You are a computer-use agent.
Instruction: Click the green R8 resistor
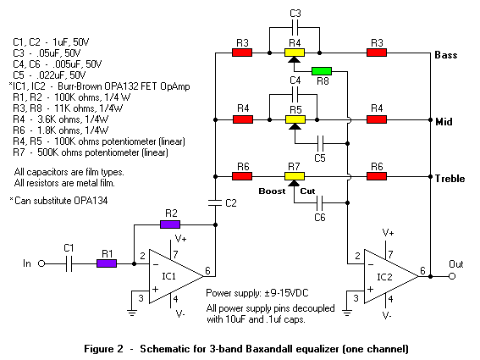click(322, 71)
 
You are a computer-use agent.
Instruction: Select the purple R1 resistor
click(107, 263)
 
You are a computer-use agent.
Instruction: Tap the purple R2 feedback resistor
click(170, 224)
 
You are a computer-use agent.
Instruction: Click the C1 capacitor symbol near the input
click(69, 263)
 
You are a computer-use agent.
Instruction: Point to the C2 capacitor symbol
click(215, 202)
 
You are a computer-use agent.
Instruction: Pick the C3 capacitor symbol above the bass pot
click(295, 28)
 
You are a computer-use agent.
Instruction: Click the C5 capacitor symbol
click(320, 143)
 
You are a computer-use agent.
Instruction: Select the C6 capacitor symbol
click(320, 202)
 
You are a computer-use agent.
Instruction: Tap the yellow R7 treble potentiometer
click(295, 176)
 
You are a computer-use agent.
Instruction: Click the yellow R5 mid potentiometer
click(295, 119)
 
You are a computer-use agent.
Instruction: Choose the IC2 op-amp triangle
click(391, 276)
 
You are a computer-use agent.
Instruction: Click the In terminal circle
click(41, 263)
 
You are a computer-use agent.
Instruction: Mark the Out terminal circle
click(452, 276)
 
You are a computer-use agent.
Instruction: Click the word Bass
click(446, 55)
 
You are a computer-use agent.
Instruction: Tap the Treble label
click(450, 179)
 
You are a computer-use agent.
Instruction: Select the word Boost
click(272, 191)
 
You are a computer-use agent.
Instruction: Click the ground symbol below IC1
click(132, 313)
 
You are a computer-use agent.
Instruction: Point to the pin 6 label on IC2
click(422, 270)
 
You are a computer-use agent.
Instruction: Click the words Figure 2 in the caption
click(103, 349)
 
